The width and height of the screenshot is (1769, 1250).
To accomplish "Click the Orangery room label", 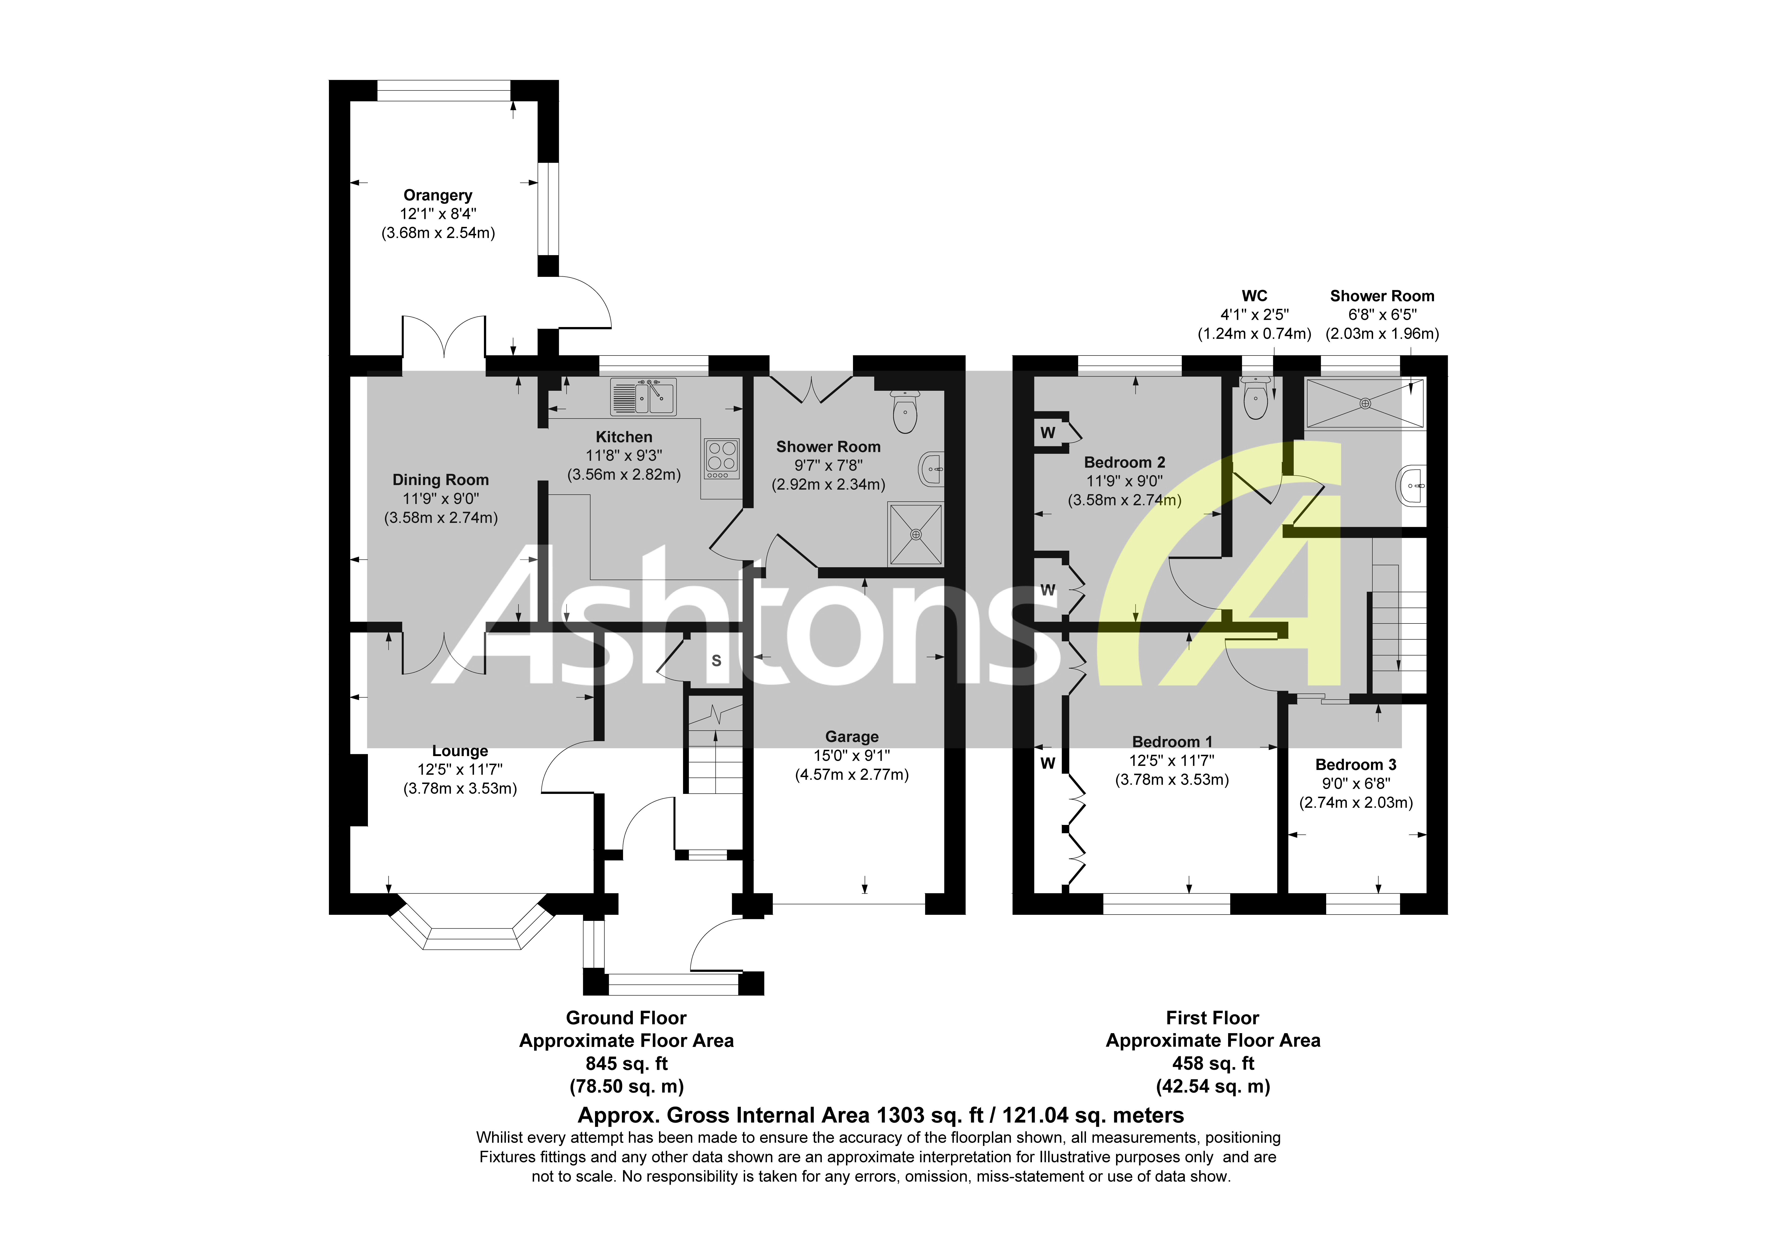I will (438, 195).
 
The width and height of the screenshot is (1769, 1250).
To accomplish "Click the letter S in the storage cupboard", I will (716, 660).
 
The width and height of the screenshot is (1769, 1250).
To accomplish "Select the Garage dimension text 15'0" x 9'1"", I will (851, 755).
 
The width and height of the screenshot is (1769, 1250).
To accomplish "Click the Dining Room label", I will (441, 479).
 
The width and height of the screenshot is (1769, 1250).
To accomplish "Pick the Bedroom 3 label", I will (1355, 764).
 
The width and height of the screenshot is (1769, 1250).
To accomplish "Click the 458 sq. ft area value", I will (1213, 1063).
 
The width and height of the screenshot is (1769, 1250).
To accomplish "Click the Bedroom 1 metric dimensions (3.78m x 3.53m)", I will (1172, 779).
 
